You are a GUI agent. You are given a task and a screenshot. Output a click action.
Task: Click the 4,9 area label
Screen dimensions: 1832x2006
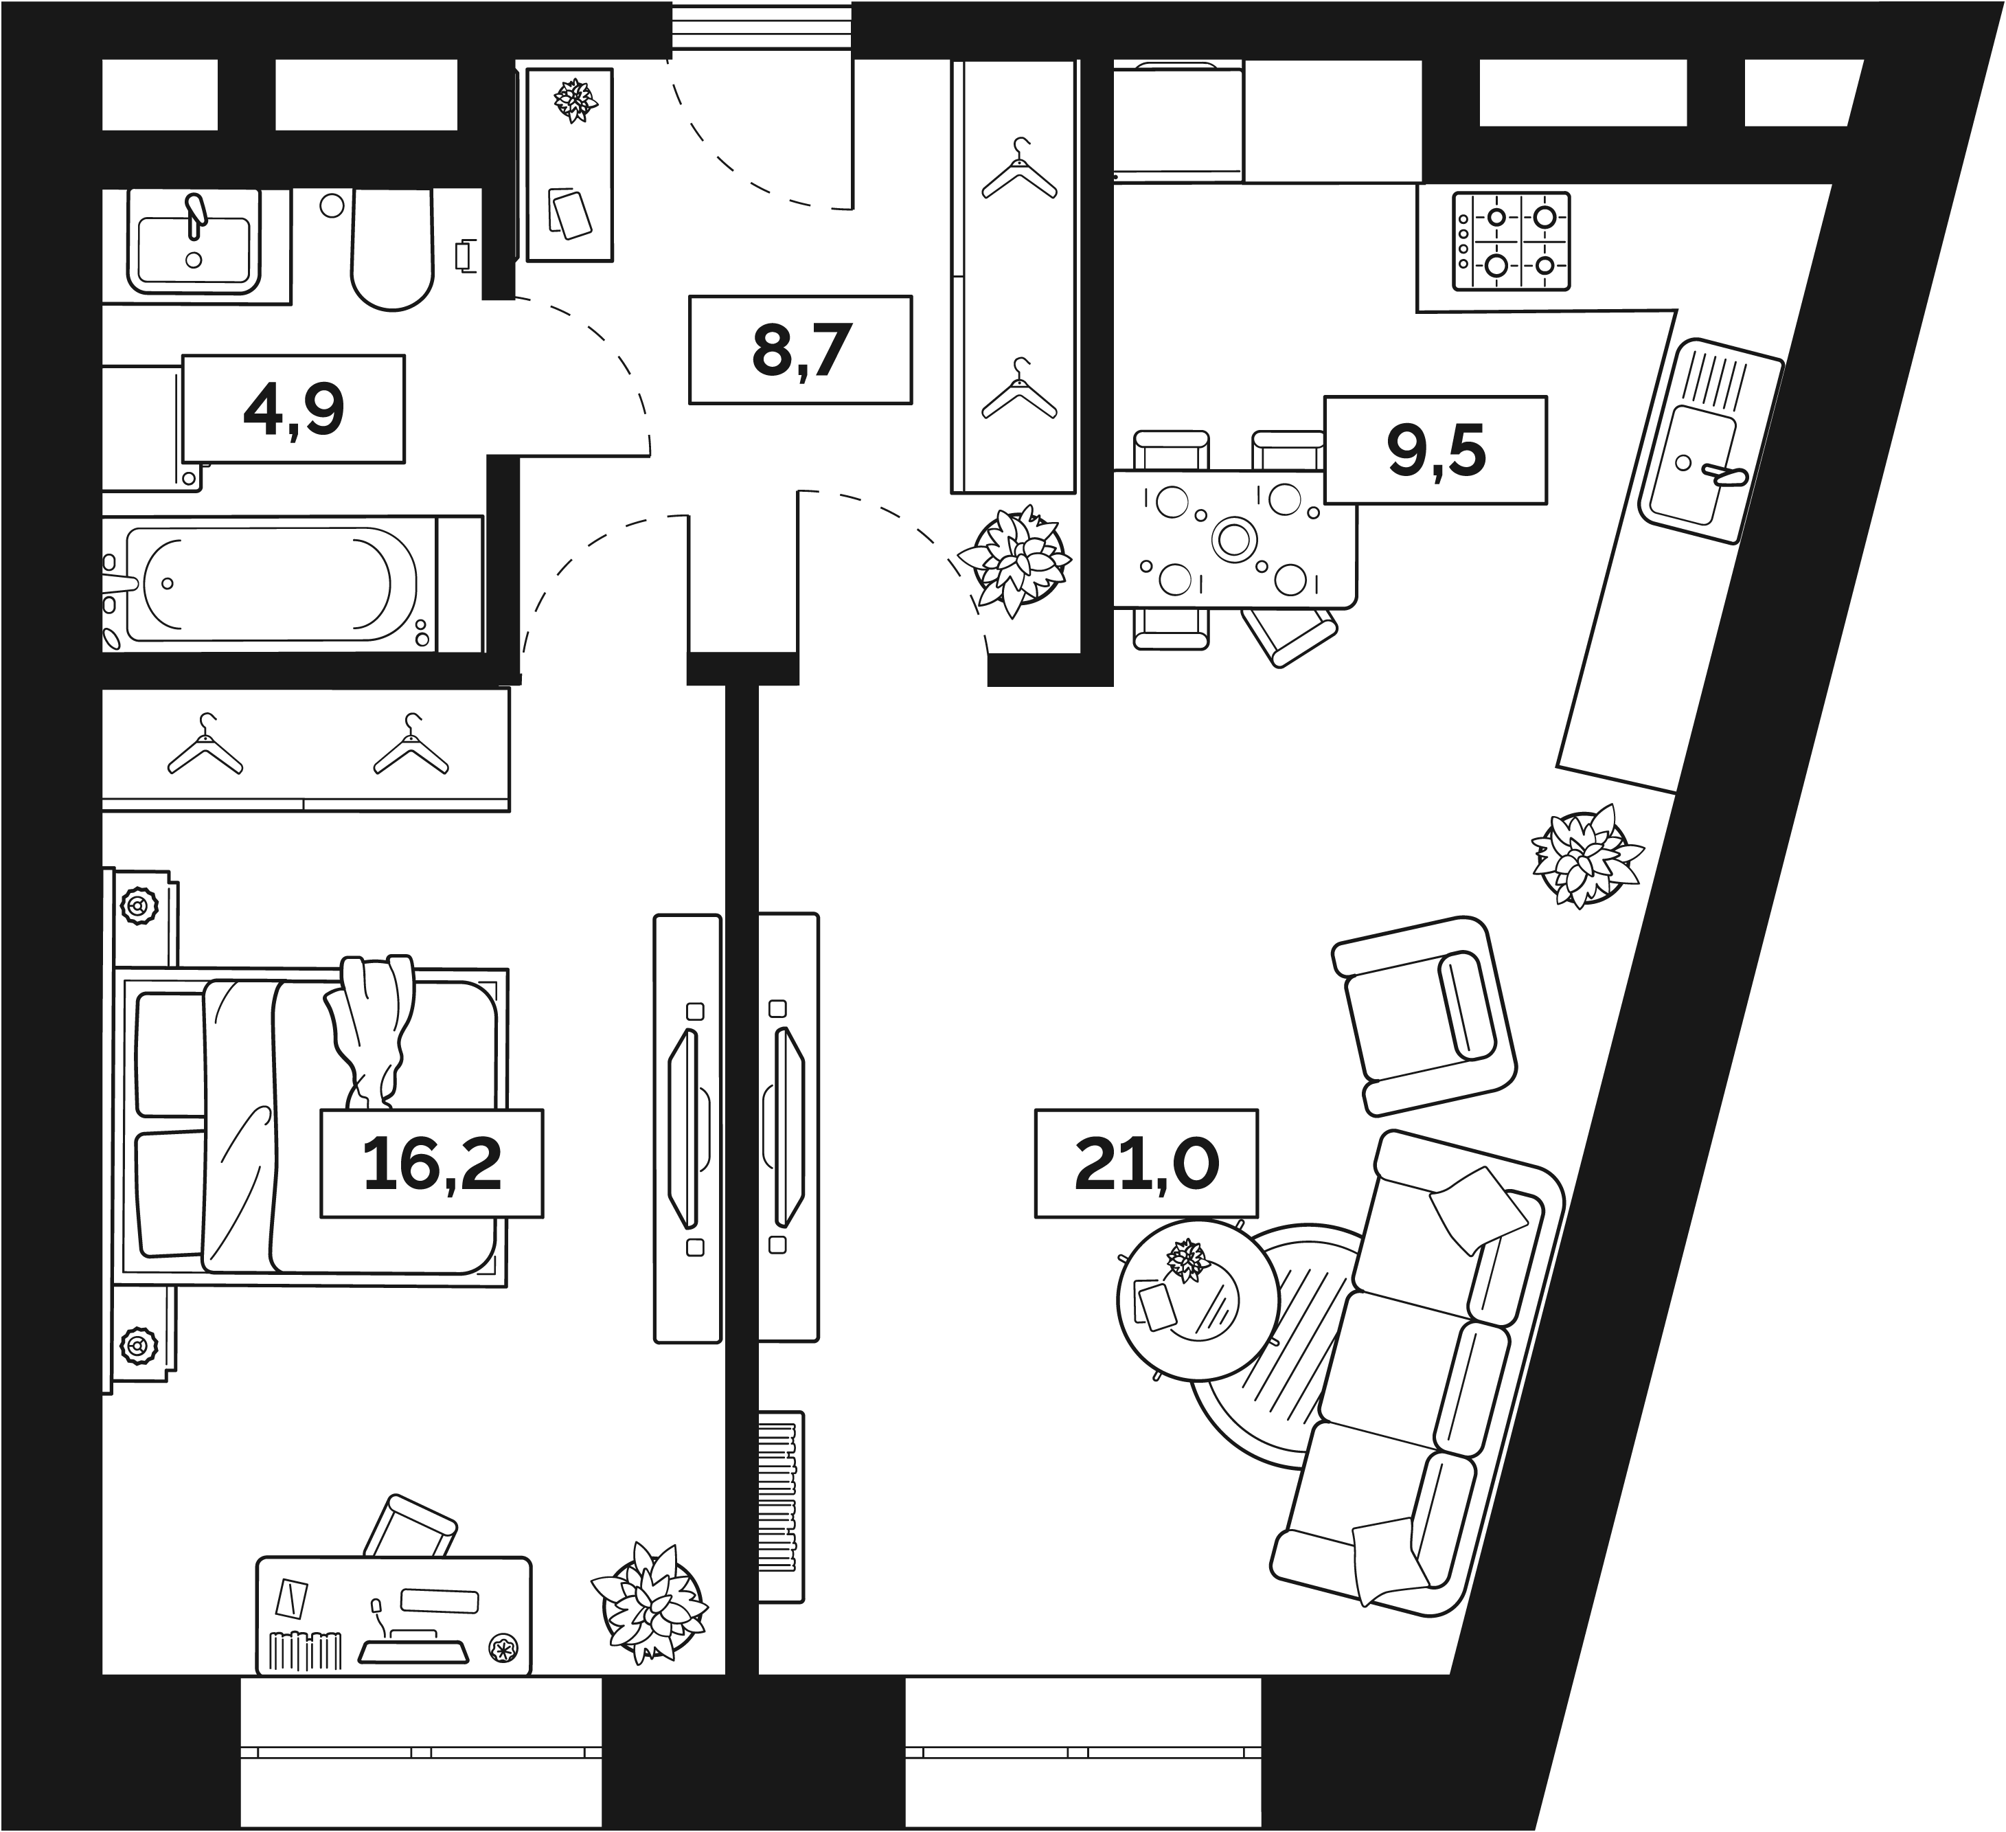pyautogui.click(x=293, y=409)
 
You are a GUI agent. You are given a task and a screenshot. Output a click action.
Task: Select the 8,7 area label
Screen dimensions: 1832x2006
pyautogui.click(x=800, y=350)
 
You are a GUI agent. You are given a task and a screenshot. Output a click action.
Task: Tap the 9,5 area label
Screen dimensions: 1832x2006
pyautogui.click(x=1435, y=451)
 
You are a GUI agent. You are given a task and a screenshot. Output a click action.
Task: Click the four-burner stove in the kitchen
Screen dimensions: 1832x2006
pyautogui.click(x=1510, y=242)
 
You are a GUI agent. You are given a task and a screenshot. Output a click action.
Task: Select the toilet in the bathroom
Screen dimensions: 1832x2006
pyautogui.click(x=393, y=249)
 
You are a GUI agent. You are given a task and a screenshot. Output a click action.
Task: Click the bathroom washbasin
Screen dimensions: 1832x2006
pyautogui.click(x=194, y=245)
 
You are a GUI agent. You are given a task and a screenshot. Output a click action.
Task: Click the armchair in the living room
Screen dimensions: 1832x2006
pyautogui.click(x=1423, y=1015)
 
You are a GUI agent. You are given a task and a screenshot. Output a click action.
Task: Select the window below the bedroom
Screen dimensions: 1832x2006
pyautogui.click(x=421, y=1752)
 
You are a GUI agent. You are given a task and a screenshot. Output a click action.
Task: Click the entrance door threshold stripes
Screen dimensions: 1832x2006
pyautogui.click(x=761, y=28)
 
